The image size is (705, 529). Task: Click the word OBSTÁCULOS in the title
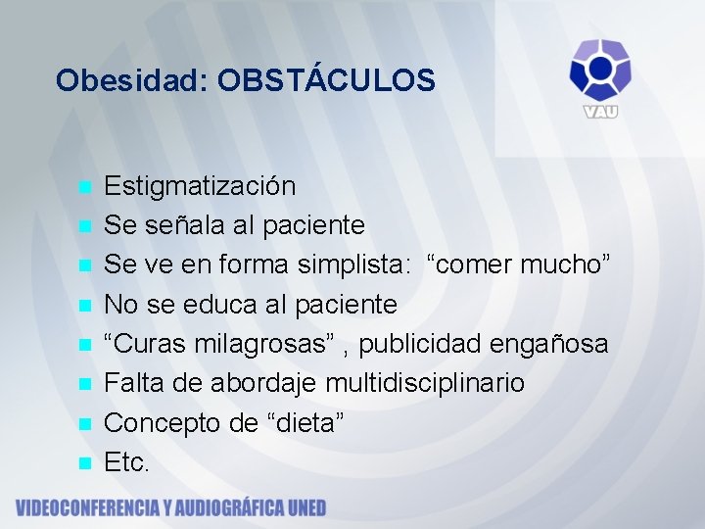click(x=326, y=80)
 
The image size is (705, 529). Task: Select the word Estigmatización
click(x=200, y=185)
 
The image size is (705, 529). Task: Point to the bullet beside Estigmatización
click(x=85, y=186)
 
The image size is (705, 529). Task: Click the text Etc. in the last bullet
click(x=127, y=462)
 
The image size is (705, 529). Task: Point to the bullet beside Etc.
click(x=85, y=462)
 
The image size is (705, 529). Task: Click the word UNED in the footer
click(x=302, y=507)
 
